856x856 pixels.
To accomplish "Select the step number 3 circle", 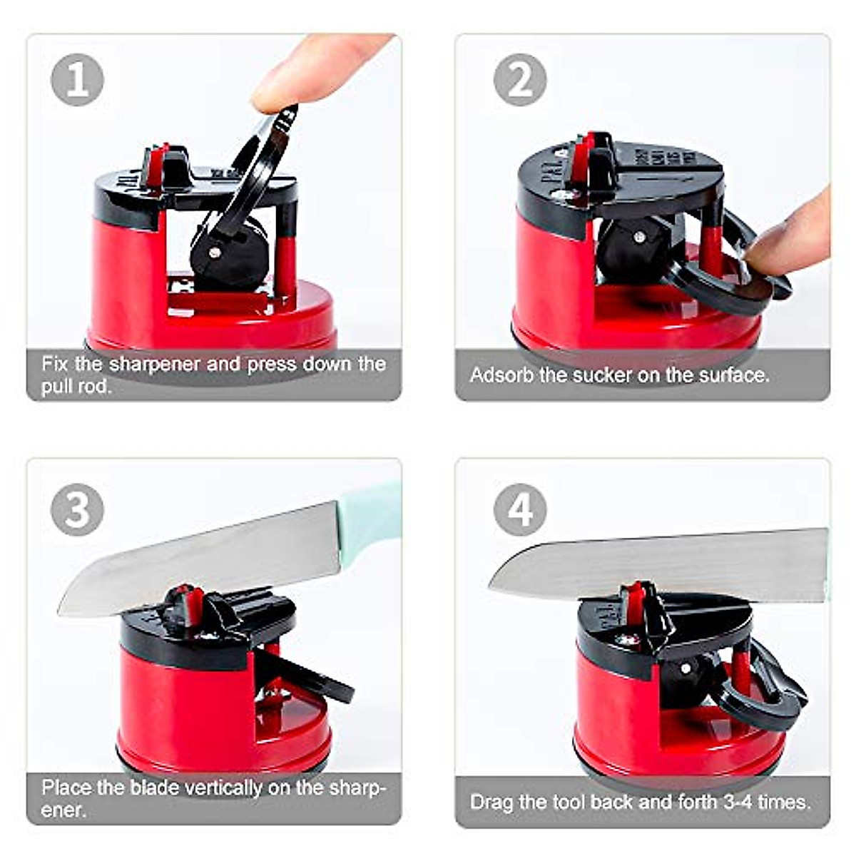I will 77,509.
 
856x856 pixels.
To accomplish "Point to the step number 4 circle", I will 520,509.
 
